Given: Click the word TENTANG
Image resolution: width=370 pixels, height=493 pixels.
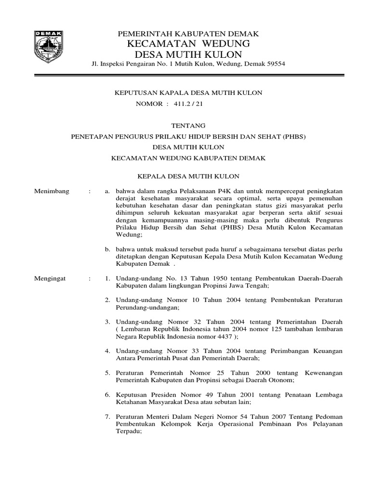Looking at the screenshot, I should click(188, 125).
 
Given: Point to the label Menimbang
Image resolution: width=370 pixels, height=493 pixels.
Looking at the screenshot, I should click(52, 191).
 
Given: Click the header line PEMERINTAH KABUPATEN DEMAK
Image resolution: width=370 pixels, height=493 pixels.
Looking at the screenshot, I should click(188, 34).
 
